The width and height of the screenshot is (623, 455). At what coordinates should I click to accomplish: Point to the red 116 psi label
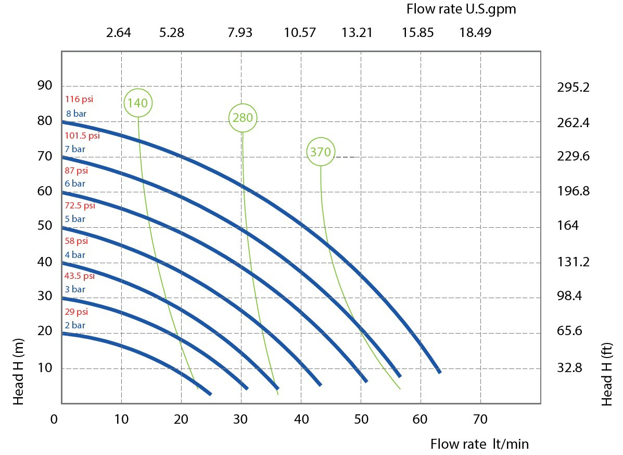79,99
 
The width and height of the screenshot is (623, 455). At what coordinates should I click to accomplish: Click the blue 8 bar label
77,114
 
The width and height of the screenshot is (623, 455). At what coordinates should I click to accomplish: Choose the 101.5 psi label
82,136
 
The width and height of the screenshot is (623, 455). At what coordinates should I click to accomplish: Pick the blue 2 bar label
75,325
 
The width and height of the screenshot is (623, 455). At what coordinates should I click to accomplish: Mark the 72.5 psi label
80,206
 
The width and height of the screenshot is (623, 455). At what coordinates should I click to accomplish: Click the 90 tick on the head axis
45,85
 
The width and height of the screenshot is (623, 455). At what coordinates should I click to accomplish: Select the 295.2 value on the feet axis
573,87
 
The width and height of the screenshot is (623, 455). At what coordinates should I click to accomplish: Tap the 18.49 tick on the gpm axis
475,32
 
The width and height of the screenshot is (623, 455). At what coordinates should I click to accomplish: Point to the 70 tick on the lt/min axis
480,419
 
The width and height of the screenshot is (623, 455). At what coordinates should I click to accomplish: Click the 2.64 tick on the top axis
118,32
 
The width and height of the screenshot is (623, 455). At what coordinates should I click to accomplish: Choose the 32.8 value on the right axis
569,367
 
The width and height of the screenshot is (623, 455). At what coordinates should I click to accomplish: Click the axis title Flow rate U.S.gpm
461,9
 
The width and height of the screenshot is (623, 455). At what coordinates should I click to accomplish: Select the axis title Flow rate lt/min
479,444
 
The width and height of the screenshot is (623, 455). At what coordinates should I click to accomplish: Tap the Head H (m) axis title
18,372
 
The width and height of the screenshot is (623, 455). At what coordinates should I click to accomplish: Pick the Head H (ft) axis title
606,374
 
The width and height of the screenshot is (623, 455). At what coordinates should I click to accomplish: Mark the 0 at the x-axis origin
54,419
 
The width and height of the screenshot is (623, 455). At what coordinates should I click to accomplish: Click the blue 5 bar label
75,219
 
